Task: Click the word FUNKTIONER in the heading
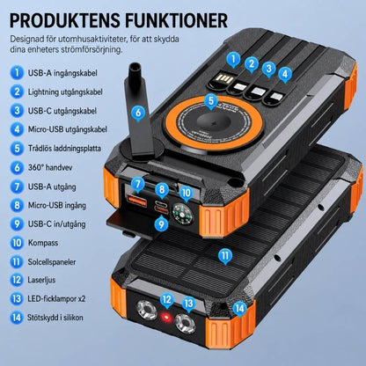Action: (x=176, y=20)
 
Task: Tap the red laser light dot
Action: (x=166, y=318)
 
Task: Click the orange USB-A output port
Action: (x=137, y=201)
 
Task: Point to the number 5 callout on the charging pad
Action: (x=211, y=101)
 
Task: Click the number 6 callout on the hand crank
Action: (x=138, y=113)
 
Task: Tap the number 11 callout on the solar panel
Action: (x=225, y=256)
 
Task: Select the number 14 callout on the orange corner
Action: (x=240, y=309)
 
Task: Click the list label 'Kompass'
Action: (x=43, y=243)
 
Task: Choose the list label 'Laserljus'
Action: (x=41, y=280)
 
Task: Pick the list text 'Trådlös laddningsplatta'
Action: (x=64, y=149)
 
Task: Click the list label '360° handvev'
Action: (x=50, y=167)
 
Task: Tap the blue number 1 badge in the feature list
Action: (x=17, y=72)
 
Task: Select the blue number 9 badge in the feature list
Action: (x=17, y=224)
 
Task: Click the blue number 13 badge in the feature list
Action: (x=17, y=298)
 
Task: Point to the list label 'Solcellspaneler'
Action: (x=52, y=262)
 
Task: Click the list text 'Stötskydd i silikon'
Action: (x=55, y=318)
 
